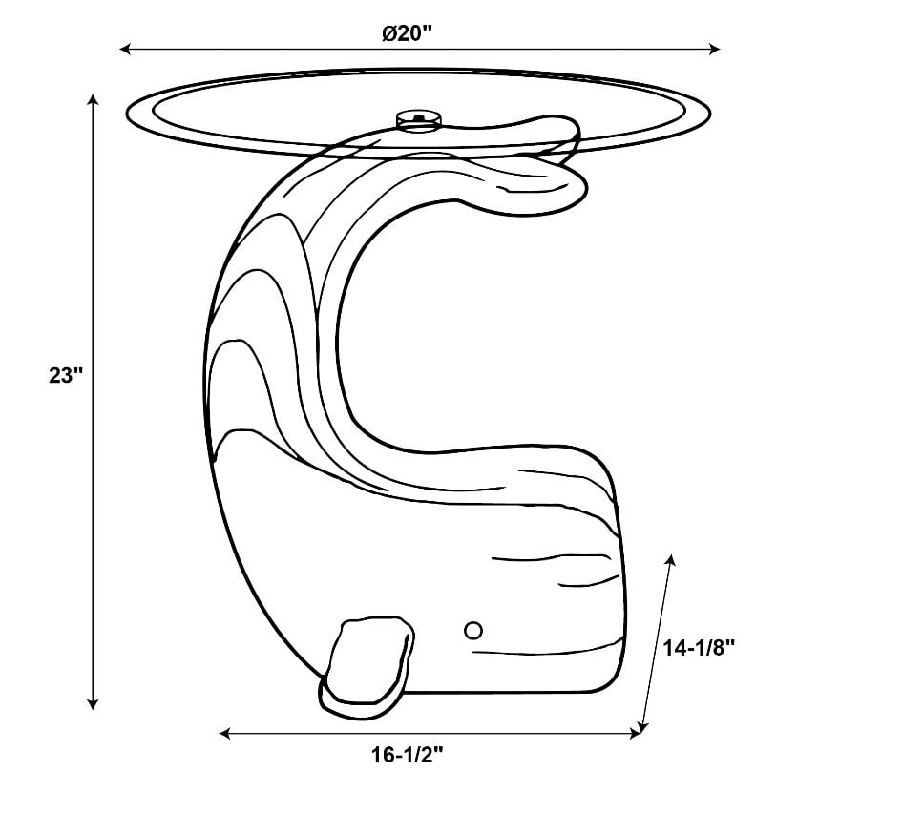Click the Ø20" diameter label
[407, 33]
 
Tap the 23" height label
[66, 375]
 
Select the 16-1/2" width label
[407, 754]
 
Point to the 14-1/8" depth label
[699, 648]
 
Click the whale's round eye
[473, 631]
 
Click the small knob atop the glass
[420, 118]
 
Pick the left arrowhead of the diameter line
[125, 49]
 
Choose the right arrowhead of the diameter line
[715, 49]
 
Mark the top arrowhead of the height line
[93, 99]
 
